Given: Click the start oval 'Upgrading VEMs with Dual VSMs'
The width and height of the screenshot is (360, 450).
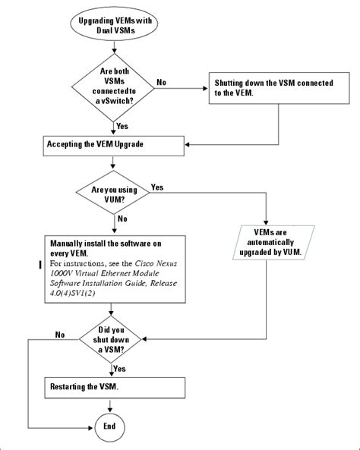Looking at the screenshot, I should (x=113, y=25).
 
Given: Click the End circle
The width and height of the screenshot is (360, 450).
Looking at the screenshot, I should (x=109, y=426).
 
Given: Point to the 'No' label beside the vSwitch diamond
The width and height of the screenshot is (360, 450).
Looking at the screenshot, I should (x=162, y=81).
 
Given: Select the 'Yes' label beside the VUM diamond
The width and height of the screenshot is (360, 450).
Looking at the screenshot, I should (x=158, y=186).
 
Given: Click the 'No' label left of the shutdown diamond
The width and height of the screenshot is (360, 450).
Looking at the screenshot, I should (x=60, y=333).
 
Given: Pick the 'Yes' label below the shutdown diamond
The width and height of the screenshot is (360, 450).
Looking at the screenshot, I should (x=120, y=368).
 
